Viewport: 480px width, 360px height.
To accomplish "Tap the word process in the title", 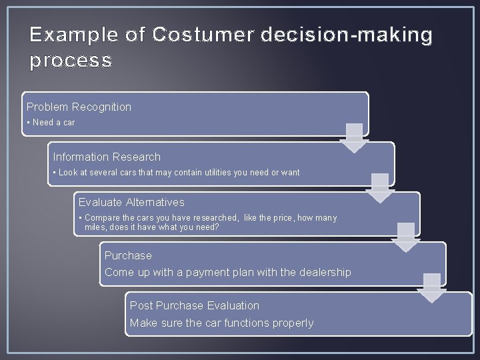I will pos(71,61).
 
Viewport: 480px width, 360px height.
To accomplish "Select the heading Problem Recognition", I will pos(79,107).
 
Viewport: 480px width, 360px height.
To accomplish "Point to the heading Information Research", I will pos(107,157).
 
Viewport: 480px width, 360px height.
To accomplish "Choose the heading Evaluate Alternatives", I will pos(131,202).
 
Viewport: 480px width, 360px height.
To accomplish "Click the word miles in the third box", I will pos(96,227).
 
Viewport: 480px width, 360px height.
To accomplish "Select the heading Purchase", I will pos(128,255).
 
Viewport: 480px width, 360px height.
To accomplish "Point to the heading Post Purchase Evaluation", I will pos(195,305).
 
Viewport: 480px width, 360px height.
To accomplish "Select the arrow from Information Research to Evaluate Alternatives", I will pos(380,188).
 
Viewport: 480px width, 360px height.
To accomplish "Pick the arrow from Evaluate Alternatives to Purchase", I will pos(405,237).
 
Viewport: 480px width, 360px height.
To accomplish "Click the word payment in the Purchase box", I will pos(212,272).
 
